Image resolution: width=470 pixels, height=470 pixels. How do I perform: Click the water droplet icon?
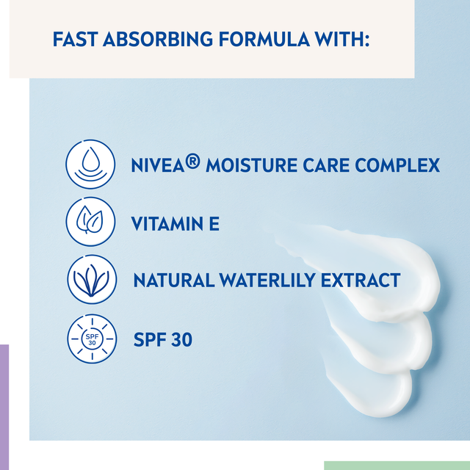click(91, 164)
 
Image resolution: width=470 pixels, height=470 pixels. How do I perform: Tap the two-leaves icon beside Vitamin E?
click(91, 221)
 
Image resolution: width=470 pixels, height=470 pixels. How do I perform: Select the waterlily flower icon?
click(91, 280)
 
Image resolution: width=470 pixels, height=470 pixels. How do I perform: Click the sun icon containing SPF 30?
click(91, 339)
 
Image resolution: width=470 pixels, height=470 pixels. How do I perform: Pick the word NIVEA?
click(156, 165)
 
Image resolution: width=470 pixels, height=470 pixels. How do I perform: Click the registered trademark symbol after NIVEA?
click(192, 159)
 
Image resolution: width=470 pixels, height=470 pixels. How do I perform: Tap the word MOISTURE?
click(252, 165)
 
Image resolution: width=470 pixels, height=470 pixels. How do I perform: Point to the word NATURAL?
click(174, 281)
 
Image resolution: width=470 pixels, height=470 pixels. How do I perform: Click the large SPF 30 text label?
click(163, 340)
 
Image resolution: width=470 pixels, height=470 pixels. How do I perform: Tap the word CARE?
click(327, 165)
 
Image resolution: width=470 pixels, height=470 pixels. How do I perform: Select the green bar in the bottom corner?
click(397, 466)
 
